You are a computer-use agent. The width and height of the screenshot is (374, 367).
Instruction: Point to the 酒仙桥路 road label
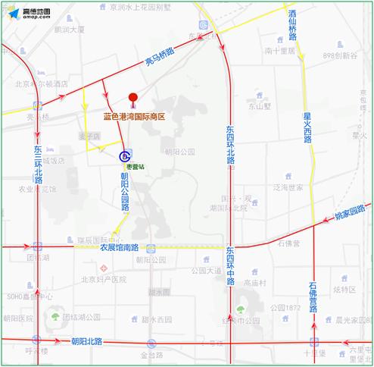coord(292,27)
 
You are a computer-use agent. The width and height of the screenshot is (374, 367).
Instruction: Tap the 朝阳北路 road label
coord(86,342)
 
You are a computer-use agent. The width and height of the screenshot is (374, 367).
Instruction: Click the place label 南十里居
coord(279,51)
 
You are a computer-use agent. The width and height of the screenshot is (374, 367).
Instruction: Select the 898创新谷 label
coord(340,56)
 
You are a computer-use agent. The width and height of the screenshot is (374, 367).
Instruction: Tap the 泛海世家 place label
coord(288,187)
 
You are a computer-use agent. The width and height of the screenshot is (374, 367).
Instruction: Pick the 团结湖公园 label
coord(78,316)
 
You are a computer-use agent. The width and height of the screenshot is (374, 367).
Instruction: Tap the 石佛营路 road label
coord(313,296)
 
